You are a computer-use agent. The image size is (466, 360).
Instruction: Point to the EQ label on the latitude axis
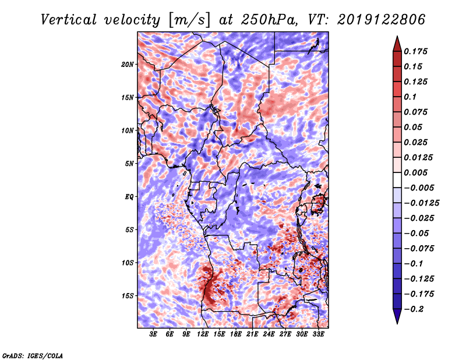[129, 196]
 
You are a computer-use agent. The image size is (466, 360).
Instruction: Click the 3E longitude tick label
[154, 335]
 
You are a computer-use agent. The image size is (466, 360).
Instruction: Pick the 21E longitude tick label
[252, 335]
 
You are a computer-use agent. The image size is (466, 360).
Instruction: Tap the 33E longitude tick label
[318, 335]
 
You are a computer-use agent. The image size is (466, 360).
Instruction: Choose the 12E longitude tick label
[203, 335]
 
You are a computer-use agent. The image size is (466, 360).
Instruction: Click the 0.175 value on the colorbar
[417, 51]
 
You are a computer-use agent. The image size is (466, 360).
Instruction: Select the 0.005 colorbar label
[417, 172]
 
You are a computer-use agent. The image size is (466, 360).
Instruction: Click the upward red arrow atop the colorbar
[397, 43]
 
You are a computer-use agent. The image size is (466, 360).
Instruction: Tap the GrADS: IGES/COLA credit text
[33, 355]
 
